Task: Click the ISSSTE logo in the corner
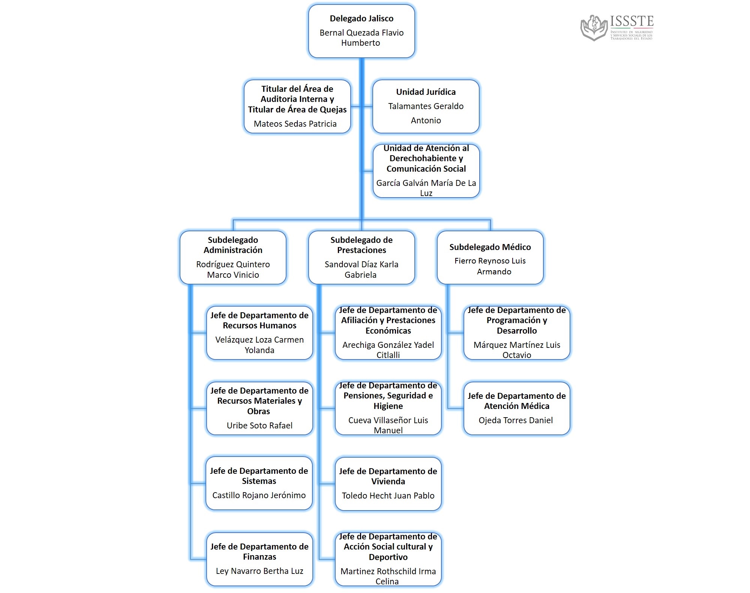tap(617, 27)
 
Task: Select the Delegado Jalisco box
tap(361, 31)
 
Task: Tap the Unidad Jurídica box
tap(426, 106)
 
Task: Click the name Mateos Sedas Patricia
tap(295, 124)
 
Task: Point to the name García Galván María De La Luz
tap(426, 188)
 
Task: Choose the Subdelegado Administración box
tap(233, 258)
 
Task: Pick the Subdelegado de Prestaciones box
tap(361, 258)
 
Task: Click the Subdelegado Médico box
tap(490, 258)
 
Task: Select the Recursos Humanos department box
tap(259, 333)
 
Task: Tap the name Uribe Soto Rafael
tap(259, 425)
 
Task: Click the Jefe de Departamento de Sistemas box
tap(259, 483)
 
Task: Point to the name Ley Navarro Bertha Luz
tap(259, 571)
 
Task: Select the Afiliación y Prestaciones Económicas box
tap(388, 333)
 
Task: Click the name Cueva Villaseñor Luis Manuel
tap(388, 425)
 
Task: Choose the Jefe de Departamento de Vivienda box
tap(388, 484)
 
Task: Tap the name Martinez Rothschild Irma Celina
tap(388, 576)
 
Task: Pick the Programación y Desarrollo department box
tap(517, 333)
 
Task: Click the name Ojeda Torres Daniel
tap(516, 420)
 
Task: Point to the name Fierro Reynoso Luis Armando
tap(490, 266)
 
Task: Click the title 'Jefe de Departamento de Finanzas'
tap(259, 551)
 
